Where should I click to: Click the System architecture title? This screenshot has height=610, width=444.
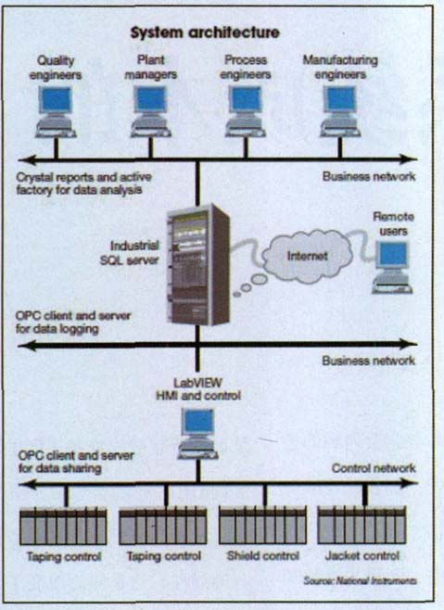click(x=205, y=32)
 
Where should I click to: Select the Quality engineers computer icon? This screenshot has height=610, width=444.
click(x=56, y=112)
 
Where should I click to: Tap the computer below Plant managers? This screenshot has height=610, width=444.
click(x=150, y=112)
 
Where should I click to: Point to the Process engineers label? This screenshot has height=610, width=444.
click(x=246, y=67)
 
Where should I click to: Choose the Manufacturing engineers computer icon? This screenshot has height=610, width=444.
click(x=340, y=112)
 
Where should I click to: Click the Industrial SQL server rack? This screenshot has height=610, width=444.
click(x=198, y=264)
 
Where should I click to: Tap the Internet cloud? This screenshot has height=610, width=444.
click(x=307, y=256)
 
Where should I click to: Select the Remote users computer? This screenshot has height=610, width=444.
click(x=392, y=267)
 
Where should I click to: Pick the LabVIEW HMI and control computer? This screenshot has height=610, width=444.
click(x=198, y=434)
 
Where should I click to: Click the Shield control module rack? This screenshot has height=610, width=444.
click(x=262, y=526)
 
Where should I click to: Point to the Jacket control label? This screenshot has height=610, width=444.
click(x=362, y=556)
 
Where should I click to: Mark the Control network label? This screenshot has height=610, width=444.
click(x=374, y=468)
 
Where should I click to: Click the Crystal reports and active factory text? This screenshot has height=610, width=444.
click(x=84, y=184)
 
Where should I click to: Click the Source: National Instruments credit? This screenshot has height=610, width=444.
click(x=360, y=581)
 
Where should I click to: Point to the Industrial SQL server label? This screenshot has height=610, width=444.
click(x=130, y=253)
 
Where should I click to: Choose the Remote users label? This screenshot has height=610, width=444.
click(x=393, y=223)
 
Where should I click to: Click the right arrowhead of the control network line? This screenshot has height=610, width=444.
click(x=410, y=483)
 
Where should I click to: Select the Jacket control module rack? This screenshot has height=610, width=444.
click(x=362, y=526)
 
